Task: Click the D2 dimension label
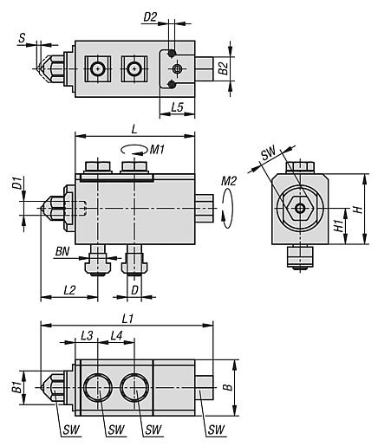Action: [151, 17]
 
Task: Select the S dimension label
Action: [22, 38]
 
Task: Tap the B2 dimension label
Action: [224, 68]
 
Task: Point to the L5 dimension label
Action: [178, 107]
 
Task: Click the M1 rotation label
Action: [157, 150]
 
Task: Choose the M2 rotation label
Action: [229, 181]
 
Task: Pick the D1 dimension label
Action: [18, 183]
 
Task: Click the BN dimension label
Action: [62, 251]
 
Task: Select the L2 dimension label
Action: [69, 290]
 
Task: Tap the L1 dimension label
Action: [127, 319]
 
